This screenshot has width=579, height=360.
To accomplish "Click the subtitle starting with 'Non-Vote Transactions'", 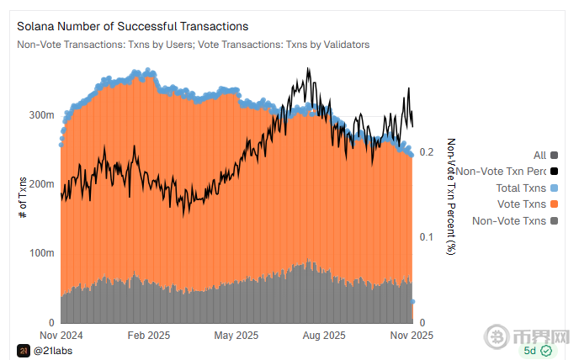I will click(193, 45).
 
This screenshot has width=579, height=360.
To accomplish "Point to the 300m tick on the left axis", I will click(42, 114).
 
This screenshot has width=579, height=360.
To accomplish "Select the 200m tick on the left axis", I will click(42, 184).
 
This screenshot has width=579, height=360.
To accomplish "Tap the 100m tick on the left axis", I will click(42, 253).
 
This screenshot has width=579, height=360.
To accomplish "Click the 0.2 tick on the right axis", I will click(427, 152).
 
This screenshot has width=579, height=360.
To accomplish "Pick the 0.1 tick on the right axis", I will click(427, 237).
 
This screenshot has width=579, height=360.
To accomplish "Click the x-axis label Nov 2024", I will click(61, 335).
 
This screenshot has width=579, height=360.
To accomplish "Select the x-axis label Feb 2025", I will click(148, 335).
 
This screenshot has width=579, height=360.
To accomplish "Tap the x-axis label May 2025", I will click(236, 335).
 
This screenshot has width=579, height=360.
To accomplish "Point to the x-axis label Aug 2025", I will click(322, 335).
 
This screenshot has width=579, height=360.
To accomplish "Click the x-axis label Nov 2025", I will click(410, 335).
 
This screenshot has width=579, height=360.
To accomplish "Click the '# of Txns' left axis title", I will click(22, 199).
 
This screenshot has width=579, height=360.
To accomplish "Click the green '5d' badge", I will click(537, 350).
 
